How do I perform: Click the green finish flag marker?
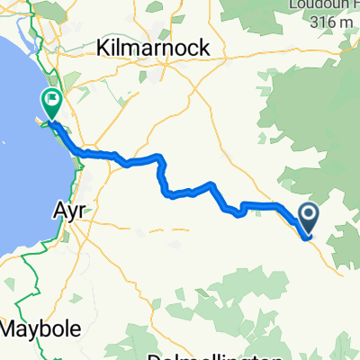coord(51,104)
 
